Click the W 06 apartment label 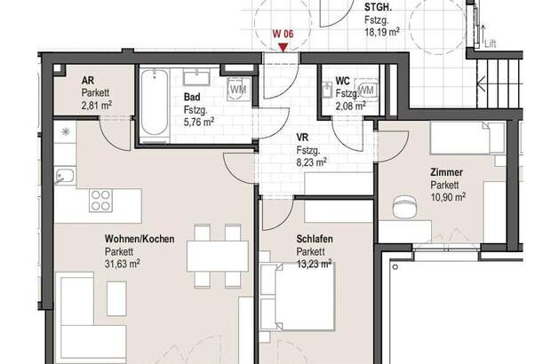[x=283, y=35]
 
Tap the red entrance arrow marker [x=283, y=47]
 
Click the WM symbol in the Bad [x=238, y=90]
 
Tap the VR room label [x=303, y=138]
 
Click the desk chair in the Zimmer [x=403, y=207]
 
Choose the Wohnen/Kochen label [x=140, y=240]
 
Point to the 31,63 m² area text [x=123, y=264]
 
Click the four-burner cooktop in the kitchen [x=99, y=200]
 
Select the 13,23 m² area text [x=315, y=264]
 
